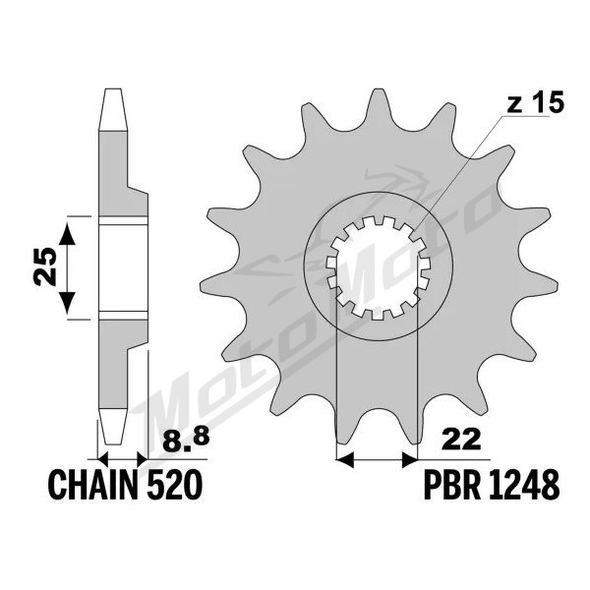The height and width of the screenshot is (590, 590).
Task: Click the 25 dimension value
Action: coord(45,266)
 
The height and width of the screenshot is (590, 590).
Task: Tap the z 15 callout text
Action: coord(535,102)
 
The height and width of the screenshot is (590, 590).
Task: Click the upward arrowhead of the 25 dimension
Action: coord(67,233)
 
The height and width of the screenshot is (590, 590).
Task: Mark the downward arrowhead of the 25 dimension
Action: coord(67,303)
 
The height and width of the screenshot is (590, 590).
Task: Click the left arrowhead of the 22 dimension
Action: coord(345,459)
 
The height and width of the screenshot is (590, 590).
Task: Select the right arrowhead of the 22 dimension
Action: coord(409,459)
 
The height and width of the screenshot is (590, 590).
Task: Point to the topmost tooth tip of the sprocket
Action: coord(376,89)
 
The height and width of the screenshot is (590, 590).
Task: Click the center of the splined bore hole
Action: coord(378,267)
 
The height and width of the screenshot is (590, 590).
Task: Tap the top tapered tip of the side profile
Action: coord(113,89)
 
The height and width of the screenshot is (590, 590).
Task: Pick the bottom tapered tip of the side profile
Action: coord(113,442)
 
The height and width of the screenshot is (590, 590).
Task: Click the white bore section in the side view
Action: coord(123,267)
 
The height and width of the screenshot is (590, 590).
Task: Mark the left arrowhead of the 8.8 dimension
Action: coord(103,459)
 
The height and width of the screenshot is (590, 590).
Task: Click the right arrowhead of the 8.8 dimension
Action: coord(143,459)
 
